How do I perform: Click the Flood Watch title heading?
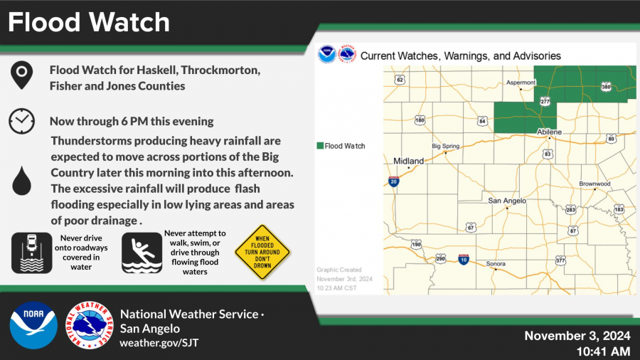pyautogui.click(x=90, y=22)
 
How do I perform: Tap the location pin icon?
pyautogui.click(x=22, y=75)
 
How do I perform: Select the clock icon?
pyautogui.click(x=22, y=121)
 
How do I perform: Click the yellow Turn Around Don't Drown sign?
pyautogui.click(x=264, y=251)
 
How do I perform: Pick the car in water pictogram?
pyautogui.click(x=32, y=253)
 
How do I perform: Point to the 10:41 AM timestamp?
pyautogui.click(x=603, y=351)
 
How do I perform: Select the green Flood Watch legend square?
pyautogui.click(x=320, y=146)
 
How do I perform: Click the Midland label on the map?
pyautogui.click(x=409, y=161)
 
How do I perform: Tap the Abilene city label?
pyautogui.click(x=549, y=132)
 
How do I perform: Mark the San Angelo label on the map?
pyautogui.click(x=506, y=201)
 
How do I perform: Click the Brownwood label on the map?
pyautogui.click(x=595, y=184)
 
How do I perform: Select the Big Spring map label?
pyautogui.click(x=447, y=146)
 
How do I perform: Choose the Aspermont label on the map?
pyautogui.click(x=521, y=83)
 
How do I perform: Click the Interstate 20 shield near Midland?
pyautogui.click(x=394, y=182)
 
